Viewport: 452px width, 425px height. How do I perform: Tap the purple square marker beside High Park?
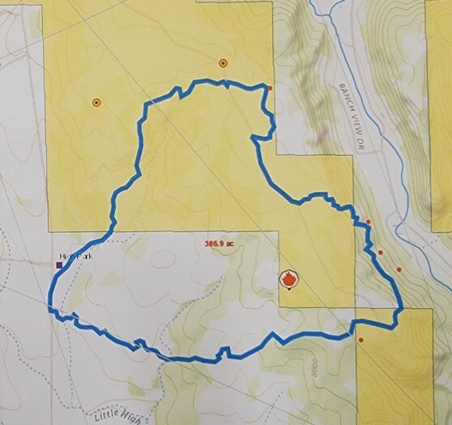pos(58,264)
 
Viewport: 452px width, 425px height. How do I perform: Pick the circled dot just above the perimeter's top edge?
pos(223,62)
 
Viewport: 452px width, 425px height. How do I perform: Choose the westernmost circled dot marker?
pos(96,102)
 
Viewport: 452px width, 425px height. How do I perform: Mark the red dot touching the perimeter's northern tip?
pos(270,88)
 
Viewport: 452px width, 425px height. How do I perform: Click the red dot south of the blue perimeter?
pos(360,340)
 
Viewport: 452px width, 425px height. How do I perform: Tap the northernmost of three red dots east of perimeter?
pos(369,221)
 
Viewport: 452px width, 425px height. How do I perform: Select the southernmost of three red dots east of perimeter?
pos(399,269)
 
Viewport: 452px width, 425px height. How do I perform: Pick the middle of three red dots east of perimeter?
pos(381,252)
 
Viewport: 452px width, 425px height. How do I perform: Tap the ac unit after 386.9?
pos(230,243)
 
